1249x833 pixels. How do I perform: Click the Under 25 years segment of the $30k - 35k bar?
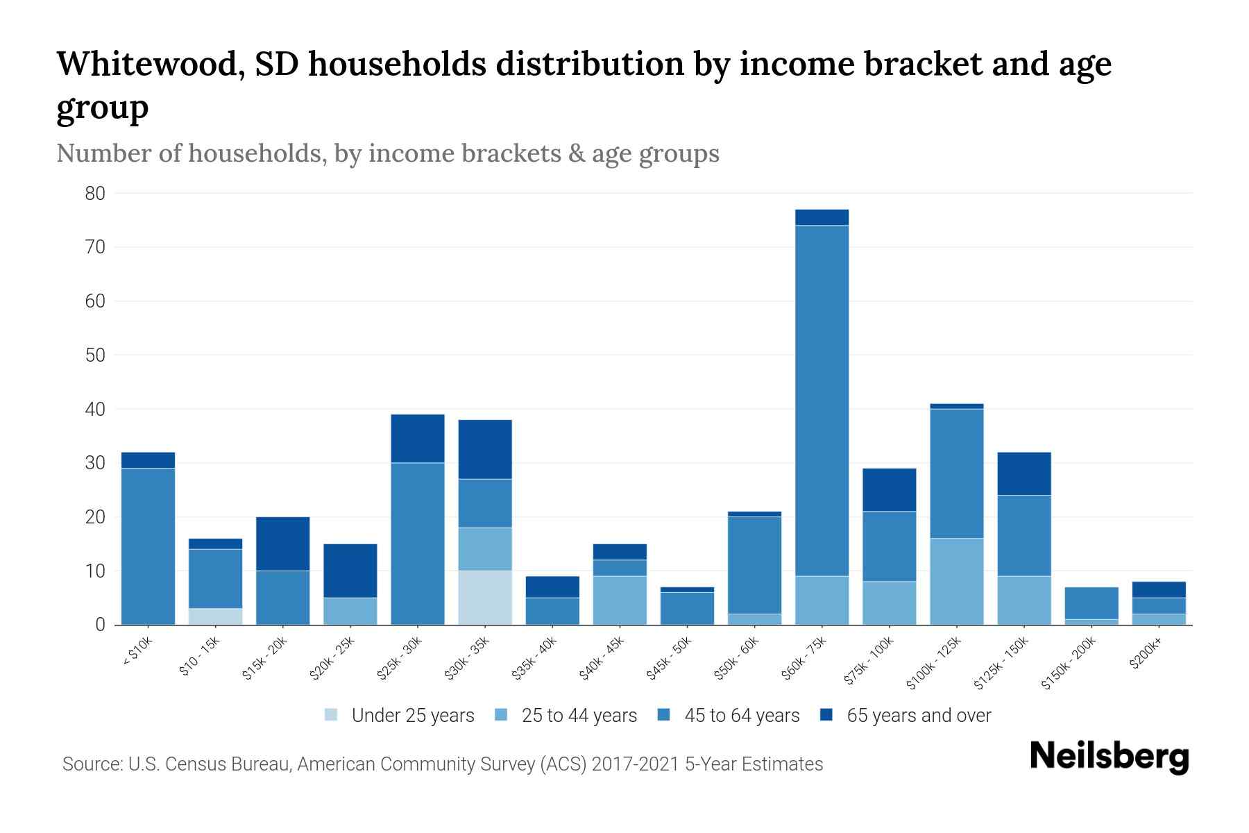485,598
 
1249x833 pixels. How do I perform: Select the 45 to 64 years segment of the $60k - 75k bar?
822,401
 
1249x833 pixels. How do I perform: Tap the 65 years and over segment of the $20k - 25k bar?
350,571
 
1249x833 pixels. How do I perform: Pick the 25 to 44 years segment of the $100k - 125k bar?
956,582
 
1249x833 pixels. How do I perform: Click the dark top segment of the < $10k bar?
148,460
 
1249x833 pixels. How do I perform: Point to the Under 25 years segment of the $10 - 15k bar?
215,616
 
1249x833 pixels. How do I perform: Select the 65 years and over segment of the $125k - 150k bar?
1023,473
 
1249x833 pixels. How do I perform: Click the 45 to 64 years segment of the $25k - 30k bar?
418,544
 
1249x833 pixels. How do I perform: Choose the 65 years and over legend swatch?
826,715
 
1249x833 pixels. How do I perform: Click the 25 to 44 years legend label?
579,716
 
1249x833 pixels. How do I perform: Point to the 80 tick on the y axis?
95,194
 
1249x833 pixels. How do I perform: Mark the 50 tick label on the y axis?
95,355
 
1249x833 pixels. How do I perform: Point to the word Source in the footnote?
91,764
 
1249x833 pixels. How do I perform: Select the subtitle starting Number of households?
387,153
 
